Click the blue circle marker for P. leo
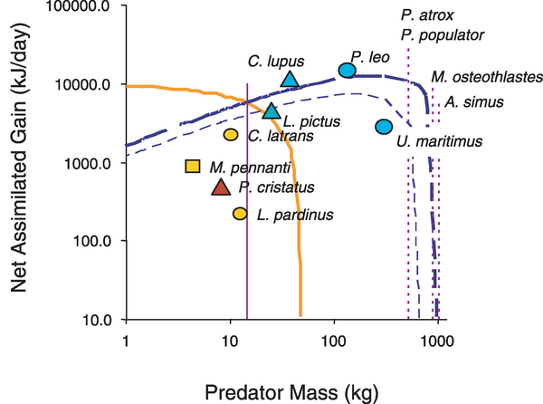point(347,71)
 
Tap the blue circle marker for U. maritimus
point(384,126)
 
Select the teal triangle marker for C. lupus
point(290,79)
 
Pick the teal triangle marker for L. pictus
point(271,111)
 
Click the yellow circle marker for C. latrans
point(231,135)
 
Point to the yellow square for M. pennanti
point(192,166)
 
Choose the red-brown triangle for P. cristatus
point(221,187)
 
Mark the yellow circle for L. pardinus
point(240,214)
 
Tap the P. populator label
point(443,35)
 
